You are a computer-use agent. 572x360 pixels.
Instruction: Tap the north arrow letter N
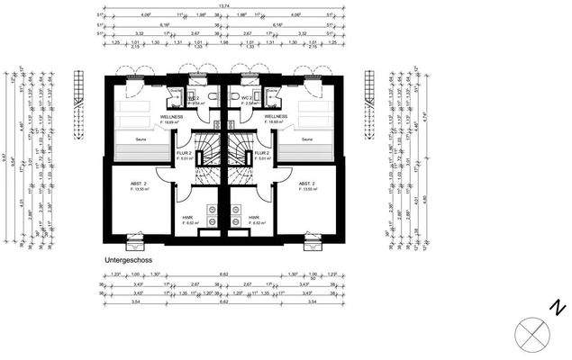pyautogui.click(x=558, y=309)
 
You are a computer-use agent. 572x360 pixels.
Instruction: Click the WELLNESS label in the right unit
pyautogui.click(x=276, y=117)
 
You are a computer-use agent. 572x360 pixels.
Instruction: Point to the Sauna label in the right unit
pyautogui.click(x=307, y=139)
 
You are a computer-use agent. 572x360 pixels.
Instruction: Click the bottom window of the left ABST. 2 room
pyautogui.click(x=134, y=241)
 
